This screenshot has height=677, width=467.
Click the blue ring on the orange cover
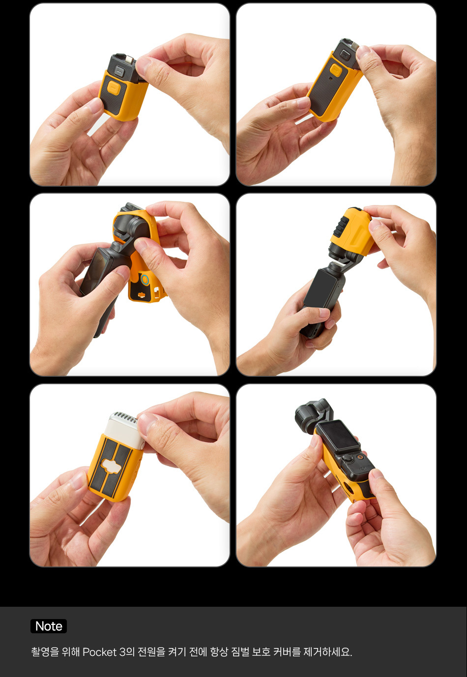pyautogui.click(x=145, y=280)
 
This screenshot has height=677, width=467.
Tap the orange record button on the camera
pyautogui.click(x=360, y=457)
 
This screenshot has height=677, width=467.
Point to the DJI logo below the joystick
pyautogui.click(x=363, y=468)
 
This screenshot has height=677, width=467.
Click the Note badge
pyautogui.click(x=49, y=626)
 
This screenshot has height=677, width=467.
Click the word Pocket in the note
pyautogui.click(x=99, y=652)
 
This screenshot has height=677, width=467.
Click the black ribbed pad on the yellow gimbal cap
pyautogui.click(x=343, y=226)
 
